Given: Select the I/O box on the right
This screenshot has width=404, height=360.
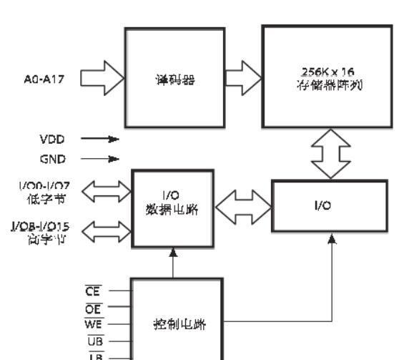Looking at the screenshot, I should pos(330,205).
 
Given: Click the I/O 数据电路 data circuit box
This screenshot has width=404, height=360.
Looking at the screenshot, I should pos(174,207).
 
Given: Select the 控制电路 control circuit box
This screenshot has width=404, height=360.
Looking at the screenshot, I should pos(179,323).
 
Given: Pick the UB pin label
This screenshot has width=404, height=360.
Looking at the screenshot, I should pos(93,339).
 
